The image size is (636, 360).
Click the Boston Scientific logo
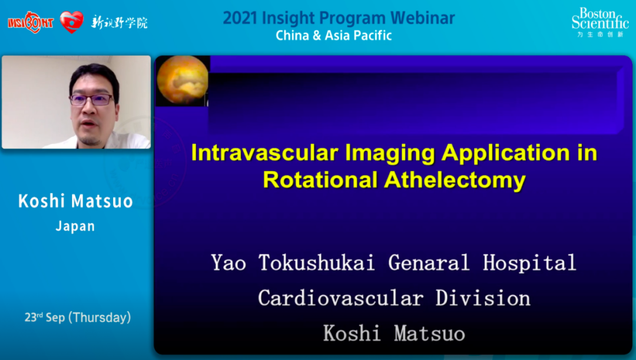click(x=600, y=23)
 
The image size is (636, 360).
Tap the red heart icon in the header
click(x=72, y=22)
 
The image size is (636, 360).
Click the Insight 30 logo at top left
click(x=31, y=22)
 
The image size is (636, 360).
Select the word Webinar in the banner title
click(x=423, y=18)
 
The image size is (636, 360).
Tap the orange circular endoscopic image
click(x=182, y=80)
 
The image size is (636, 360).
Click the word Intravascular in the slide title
click(x=264, y=153)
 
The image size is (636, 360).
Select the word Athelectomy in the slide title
click(x=455, y=180)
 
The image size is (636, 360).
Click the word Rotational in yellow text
click(x=320, y=180)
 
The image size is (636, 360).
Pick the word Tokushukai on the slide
click(x=316, y=263)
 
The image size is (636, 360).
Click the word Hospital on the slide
click(x=529, y=263)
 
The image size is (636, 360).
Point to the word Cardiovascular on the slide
click(x=341, y=298)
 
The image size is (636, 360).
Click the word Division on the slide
click(x=483, y=298)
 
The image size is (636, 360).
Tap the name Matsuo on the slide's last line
click(x=429, y=333)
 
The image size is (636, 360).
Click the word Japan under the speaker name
click(x=75, y=226)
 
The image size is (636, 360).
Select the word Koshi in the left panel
click(x=41, y=202)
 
